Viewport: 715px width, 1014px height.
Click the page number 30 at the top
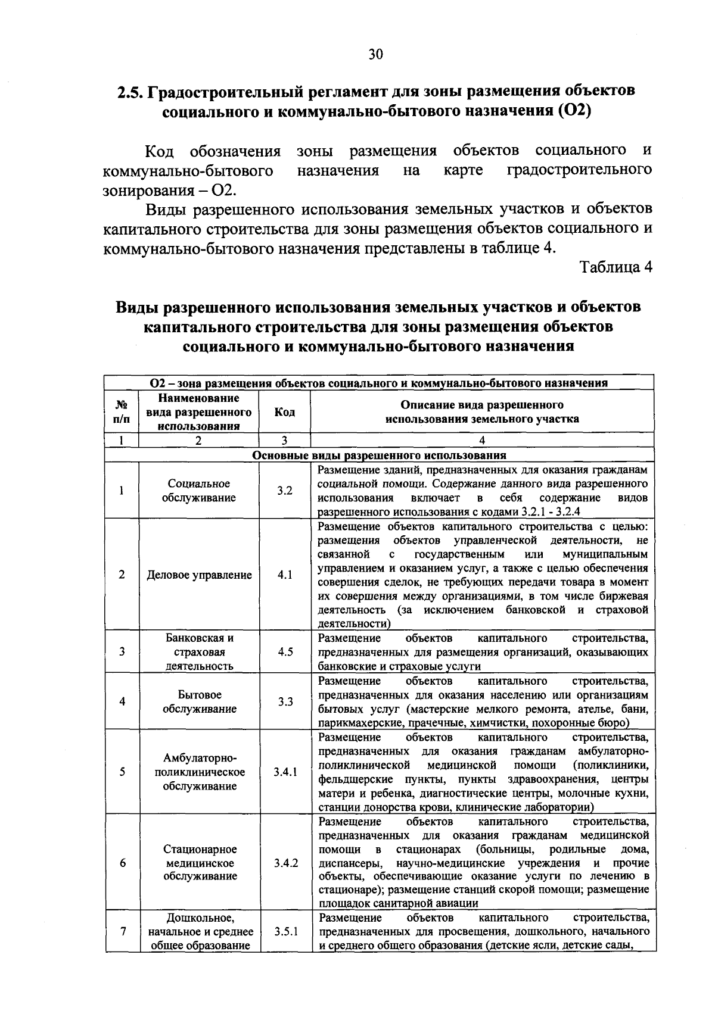coord(375,55)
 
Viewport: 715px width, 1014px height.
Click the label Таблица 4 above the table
coord(616,267)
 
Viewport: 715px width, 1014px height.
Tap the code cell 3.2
coord(285,491)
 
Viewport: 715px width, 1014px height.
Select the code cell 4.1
coord(285,575)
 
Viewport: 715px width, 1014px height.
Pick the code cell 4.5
coord(285,651)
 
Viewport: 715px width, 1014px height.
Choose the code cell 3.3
coord(285,701)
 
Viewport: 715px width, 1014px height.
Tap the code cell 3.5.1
coord(285,932)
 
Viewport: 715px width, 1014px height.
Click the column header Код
coord(285,412)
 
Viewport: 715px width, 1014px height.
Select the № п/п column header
coord(122,412)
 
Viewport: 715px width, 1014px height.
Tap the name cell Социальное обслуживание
coord(199,491)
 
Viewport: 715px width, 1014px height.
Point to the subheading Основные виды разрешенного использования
coord(379,455)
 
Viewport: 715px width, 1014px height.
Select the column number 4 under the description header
coord(482,441)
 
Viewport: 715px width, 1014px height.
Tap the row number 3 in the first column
coord(122,651)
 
